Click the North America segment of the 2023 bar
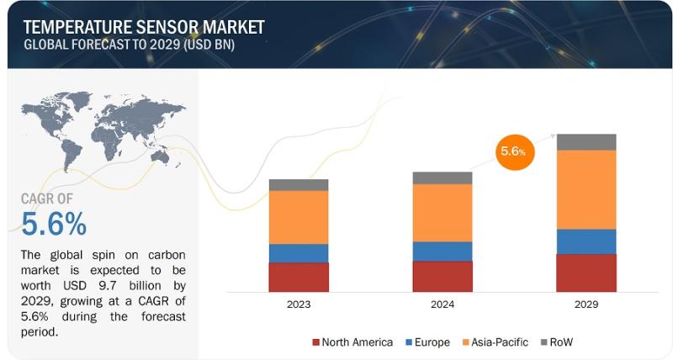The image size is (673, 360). (299, 278)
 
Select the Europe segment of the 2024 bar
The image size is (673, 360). (442, 251)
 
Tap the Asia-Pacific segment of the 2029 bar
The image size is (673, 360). (586, 189)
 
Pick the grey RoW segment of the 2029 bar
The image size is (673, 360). (586, 142)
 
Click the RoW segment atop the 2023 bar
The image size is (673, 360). (299, 185)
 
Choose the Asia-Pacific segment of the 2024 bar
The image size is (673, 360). (442, 213)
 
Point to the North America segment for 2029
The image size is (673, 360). (586, 273)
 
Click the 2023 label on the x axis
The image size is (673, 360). (299, 304)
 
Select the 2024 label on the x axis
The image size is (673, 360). (442, 304)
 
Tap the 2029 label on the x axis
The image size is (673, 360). (586, 304)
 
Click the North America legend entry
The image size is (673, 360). (352, 342)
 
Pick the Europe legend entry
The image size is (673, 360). (427, 342)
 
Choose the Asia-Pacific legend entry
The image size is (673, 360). (495, 342)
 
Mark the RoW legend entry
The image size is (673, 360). (557, 342)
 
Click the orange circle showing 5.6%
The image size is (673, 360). (515, 151)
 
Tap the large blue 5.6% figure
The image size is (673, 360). (54, 224)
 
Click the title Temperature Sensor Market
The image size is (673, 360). (144, 27)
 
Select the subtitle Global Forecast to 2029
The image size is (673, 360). (130, 45)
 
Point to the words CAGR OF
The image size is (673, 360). (47, 199)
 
